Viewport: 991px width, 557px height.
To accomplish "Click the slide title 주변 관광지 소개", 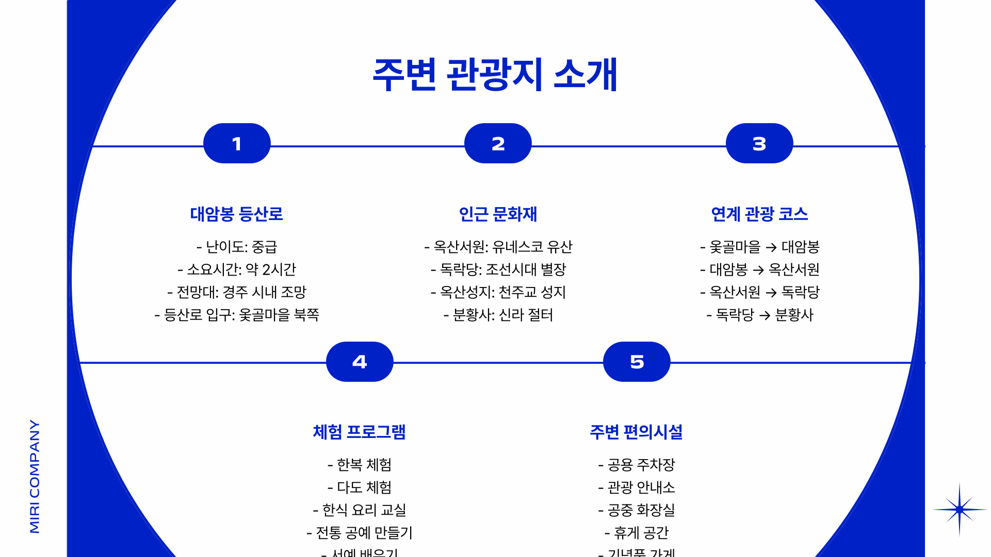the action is [x=495, y=75].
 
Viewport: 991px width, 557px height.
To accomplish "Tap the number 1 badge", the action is [x=237, y=143].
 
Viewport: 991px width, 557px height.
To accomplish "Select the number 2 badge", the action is [x=498, y=143].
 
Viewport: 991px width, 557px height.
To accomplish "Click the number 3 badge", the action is [x=759, y=143].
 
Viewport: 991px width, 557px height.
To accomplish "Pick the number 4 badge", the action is [x=360, y=362].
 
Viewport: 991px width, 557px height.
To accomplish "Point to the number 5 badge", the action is [x=637, y=362].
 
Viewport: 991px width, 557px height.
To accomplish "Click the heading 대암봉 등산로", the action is [x=237, y=214].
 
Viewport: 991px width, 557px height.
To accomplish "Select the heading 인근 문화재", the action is [x=498, y=214].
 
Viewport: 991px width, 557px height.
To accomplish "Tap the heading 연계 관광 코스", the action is [x=759, y=214].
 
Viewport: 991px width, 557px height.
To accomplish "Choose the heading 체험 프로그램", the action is [x=360, y=432].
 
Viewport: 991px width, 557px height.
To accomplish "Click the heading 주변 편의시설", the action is [x=637, y=432].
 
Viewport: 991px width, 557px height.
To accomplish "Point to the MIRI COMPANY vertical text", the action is [x=35, y=476].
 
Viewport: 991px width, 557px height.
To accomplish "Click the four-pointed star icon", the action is [x=960, y=510].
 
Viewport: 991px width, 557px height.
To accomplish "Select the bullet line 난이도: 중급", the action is [x=237, y=247].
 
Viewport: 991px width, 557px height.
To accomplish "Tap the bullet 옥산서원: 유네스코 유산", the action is [x=498, y=247].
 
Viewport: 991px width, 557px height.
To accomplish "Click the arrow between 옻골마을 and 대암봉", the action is [x=771, y=248].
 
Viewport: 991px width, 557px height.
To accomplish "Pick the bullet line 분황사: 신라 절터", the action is [x=498, y=315].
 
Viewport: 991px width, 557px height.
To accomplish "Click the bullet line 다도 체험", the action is [x=360, y=487].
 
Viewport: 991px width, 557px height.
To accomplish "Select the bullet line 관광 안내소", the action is [x=637, y=487].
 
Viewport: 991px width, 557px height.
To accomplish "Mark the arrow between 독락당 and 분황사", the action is [x=765, y=315].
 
